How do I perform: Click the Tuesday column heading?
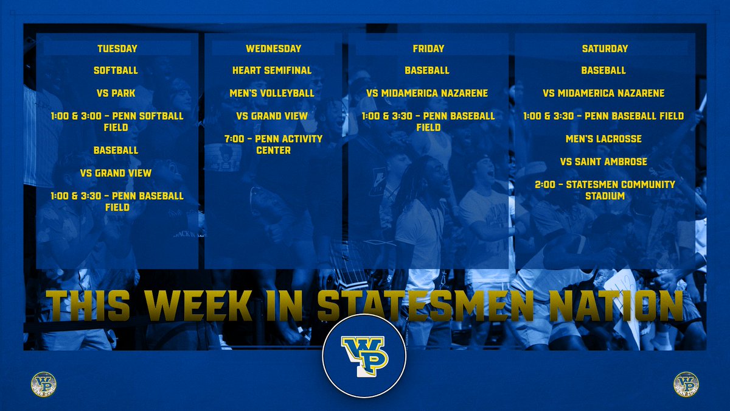pos(117,49)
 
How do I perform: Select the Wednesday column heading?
pos(273,49)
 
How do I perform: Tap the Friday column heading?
pos(428,49)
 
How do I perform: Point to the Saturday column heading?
pos(603,49)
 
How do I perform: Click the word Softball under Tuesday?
pos(116,71)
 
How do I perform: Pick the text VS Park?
pos(116,93)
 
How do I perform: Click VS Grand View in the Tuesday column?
pos(116,173)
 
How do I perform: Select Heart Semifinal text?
pos(272,71)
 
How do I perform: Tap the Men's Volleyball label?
pos(273,93)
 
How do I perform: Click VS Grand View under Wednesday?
pos(272,116)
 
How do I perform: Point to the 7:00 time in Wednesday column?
pos(234,139)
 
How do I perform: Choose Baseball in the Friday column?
pos(427,71)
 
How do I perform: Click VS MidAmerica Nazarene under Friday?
pos(428,93)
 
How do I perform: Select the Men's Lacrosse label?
pos(603,139)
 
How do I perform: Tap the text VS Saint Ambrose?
pos(603,161)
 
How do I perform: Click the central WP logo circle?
pos(364,356)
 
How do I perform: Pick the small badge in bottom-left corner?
pos(43,385)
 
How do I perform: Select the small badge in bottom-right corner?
pos(686,385)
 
